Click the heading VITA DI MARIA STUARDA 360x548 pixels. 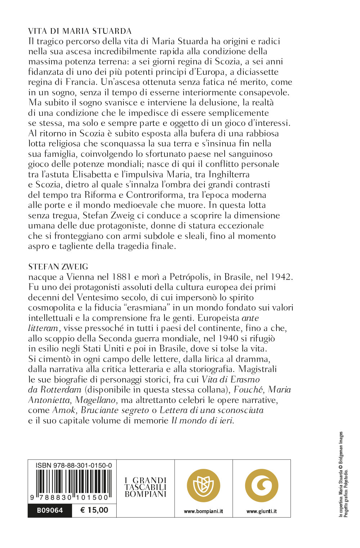80,31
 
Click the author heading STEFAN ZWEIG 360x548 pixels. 58,267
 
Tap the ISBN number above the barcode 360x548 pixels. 74,465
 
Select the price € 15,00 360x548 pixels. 94,510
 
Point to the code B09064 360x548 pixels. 50,510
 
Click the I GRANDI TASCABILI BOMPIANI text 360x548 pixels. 145,487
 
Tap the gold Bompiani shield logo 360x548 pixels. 203,485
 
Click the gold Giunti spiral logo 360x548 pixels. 261,485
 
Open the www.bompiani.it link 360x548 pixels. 203,511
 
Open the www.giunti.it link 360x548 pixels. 261,511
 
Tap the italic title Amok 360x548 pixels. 64,410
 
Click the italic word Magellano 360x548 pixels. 95,400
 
